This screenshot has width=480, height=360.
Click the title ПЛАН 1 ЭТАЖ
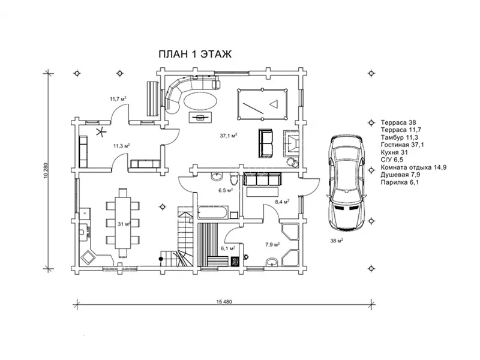(195, 54)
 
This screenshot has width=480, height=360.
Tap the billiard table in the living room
(262, 104)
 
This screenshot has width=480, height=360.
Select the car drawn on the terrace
(346, 183)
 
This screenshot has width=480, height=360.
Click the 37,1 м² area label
(229, 136)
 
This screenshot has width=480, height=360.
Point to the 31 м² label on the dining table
(124, 224)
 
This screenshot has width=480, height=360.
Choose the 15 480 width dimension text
(224, 302)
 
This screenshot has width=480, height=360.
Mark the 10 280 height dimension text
(46, 171)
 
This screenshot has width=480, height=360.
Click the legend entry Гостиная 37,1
(402, 145)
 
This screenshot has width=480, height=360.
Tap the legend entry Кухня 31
(394, 152)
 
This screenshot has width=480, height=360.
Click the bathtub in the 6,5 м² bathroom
(213, 212)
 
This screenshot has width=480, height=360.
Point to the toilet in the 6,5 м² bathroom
(233, 178)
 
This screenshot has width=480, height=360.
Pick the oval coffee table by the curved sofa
(201, 100)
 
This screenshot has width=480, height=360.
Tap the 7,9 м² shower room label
(272, 244)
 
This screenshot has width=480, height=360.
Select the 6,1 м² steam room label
(228, 248)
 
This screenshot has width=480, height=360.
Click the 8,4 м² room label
(282, 202)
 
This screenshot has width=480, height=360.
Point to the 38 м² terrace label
(337, 241)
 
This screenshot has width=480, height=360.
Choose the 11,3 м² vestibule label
(122, 146)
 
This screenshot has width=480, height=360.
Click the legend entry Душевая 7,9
(400, 175)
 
